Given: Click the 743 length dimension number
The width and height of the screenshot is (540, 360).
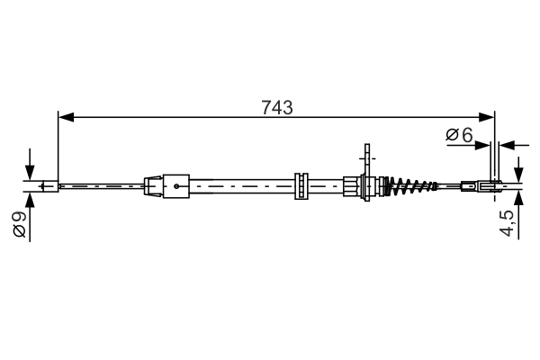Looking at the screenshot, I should click(x=276, y=108).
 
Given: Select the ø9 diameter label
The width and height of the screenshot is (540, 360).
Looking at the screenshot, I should click(x=17, y=224).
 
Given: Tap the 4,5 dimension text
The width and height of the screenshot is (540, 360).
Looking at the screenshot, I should click(x=508, y=222).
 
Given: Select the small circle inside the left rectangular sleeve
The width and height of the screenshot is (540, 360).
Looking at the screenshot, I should click(x=177, y=187).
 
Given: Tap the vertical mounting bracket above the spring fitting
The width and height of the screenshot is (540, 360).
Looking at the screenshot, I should click(x=366, y=162).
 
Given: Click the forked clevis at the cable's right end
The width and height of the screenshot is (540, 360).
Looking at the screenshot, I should click(x=487, y=186).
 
